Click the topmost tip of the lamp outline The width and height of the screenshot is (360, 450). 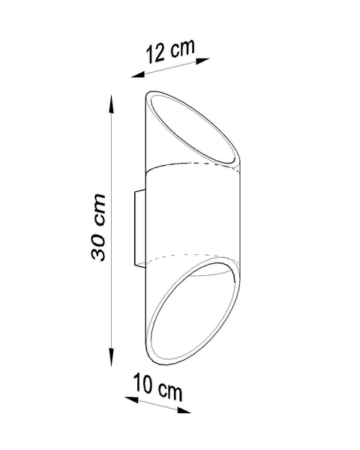[x=154, y=92]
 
